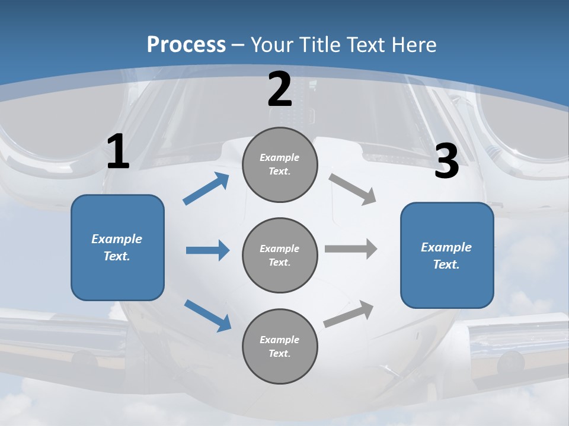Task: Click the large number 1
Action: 118,152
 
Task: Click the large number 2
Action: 280,89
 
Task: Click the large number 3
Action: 446,161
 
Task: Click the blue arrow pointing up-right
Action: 206,189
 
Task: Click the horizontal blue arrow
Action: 207,250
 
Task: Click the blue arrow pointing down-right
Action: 207,315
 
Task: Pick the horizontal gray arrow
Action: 351,249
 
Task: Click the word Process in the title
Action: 186,44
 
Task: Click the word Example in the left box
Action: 117,239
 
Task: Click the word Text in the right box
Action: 446,264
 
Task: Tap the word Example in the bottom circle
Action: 280,340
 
